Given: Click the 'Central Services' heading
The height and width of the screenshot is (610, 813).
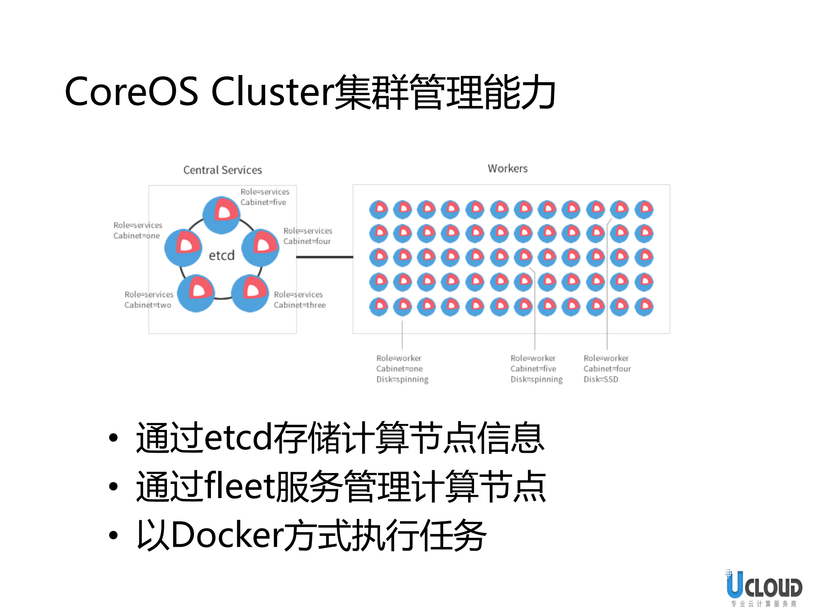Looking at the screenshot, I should click(222, 170).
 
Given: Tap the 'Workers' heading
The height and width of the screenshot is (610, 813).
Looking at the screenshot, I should click(508, 168).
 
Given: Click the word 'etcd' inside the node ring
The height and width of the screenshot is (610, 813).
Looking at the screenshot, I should click(222, 255).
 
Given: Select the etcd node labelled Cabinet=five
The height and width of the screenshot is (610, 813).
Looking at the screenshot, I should click(221, 215).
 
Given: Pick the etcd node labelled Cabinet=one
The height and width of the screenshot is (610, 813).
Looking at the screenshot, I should click(183, 248).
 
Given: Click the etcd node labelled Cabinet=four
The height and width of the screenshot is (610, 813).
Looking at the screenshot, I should click(260, 248).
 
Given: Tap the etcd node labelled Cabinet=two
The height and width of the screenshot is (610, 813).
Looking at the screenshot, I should click(196, 293).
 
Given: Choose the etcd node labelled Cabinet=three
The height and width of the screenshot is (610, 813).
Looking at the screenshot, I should click(250, 293).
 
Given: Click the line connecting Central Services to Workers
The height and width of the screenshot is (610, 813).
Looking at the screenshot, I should click(324, 257).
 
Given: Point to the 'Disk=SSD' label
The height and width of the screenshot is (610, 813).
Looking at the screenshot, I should click(601, 379).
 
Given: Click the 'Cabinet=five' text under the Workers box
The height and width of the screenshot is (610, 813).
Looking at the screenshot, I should click(533, 369).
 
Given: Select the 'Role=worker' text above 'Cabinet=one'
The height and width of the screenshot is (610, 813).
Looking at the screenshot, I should click(399, 358).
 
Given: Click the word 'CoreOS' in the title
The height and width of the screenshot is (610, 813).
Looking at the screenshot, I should click(131, 92).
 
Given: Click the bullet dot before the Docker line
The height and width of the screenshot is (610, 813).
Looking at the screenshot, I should click(113, 535).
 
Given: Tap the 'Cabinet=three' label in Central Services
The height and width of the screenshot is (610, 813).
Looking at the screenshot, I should click(300, 305).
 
